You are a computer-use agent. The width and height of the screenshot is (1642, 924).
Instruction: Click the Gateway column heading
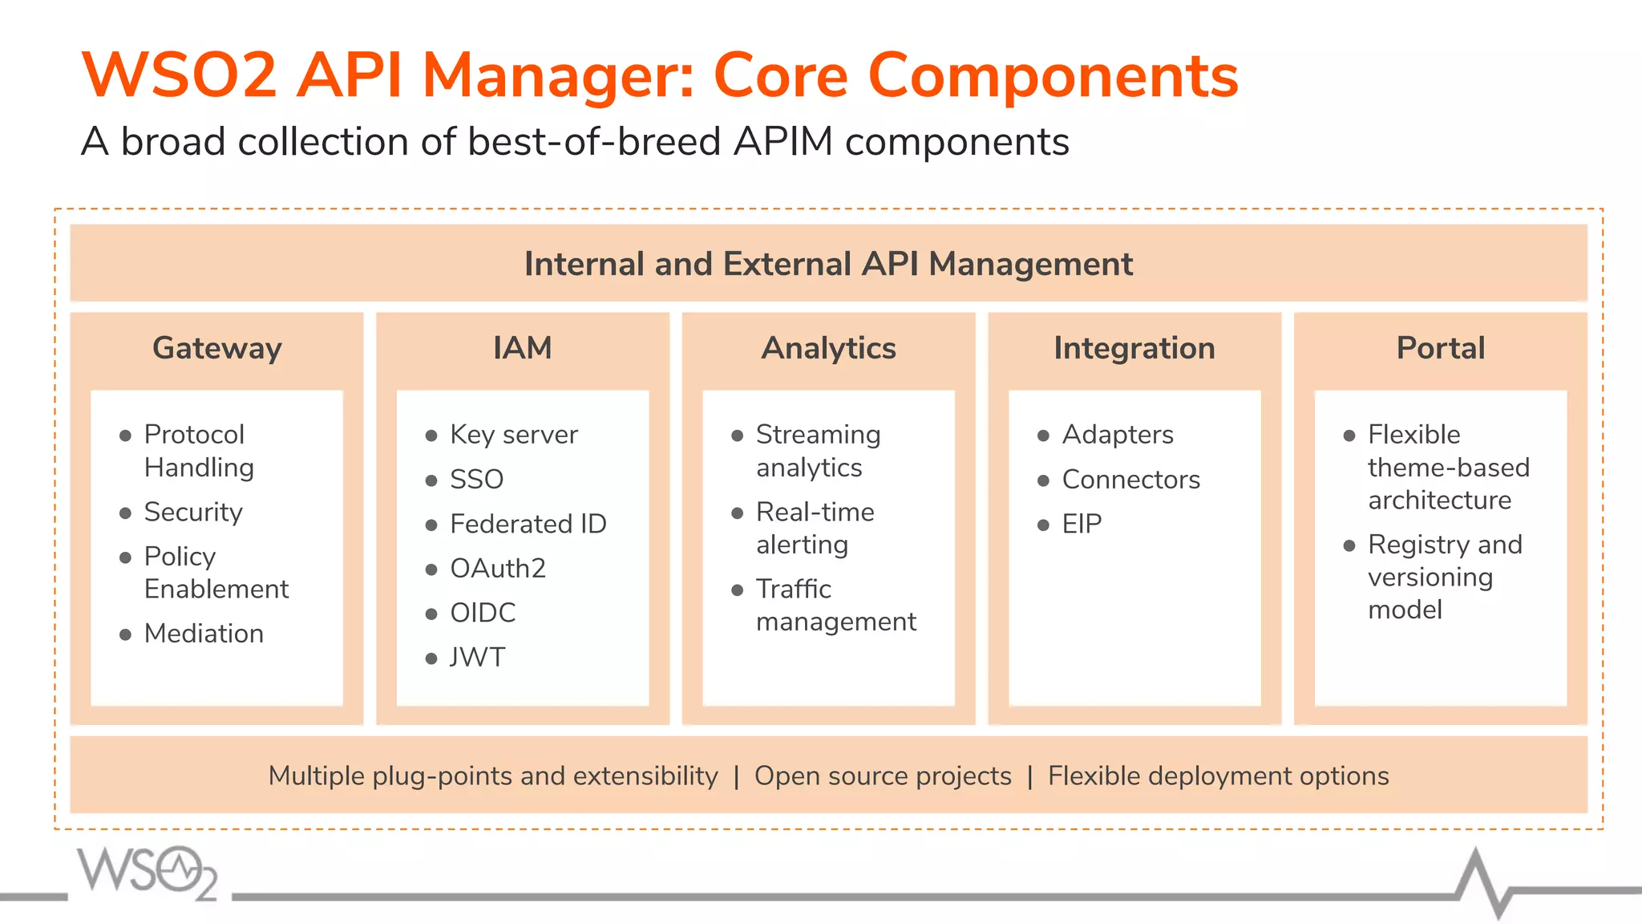pyautogui.click(x=216, y=348)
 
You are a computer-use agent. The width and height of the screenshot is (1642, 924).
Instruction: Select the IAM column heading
pyautogui.click(x=522, y=348)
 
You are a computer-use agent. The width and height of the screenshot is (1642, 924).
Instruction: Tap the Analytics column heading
pyautogui.click(x=828, y=348)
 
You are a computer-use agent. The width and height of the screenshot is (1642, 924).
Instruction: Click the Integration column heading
pyautogui.click(x=1134, y=348)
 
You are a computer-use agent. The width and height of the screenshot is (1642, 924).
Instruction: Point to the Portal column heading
pyautogui.click(x=1440, y=348)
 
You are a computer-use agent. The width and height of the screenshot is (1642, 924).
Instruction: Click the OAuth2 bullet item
pyautogui.click(x=497, y=568)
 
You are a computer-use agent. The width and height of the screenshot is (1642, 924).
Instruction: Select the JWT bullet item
pyautogui.click(x=477, y=657)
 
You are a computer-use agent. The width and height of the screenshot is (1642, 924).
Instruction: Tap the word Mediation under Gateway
pyautogui.click(x=204, y=633)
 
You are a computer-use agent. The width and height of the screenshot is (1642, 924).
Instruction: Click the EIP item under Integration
pyautogui.click(x=1082, y=524)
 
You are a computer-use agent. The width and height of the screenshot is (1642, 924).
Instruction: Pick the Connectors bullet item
pyautogui.click(x=1130, y=479)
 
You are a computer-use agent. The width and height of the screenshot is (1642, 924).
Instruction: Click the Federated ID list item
pyautogui.click(x=528, y=524)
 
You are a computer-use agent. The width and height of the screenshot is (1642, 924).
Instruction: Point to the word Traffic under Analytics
pyautogui.click(x=793, y=589)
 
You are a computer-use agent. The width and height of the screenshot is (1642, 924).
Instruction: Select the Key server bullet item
pyautogui.click(x=513, y=435)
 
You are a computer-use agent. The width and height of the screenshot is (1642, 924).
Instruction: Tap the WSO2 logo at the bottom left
pyautogui.click(x=148, y=872)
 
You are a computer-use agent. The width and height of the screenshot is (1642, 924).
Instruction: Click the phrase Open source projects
pyautogui.click(x=883, y=776)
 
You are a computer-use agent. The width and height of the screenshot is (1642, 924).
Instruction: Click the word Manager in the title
pyautogui.click(x=558, y=75)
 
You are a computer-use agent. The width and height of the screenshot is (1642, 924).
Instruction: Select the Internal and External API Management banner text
pyautogui.click(x=828, y=264)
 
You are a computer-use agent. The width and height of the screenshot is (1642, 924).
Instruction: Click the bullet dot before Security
pyautogui.click(x=125, y=513)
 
